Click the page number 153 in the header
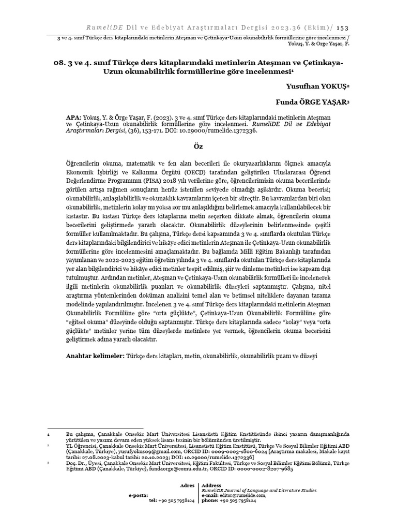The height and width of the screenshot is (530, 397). (343, 28)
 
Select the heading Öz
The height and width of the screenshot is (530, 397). (198, 146)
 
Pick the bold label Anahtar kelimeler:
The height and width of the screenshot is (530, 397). (96, 357)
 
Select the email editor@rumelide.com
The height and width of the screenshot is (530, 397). (242, 495)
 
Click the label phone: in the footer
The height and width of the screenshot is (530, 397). (210, 500)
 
